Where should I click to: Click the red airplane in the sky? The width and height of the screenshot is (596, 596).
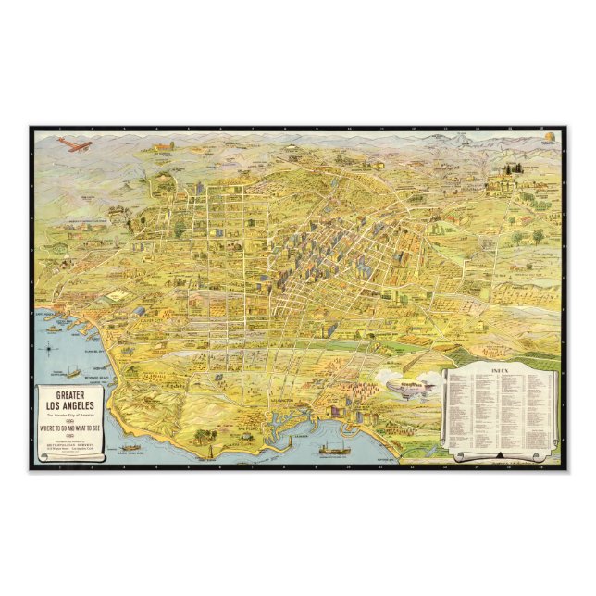(x=73, y=143)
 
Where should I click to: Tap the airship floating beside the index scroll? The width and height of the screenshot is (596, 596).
(x=411, y=386)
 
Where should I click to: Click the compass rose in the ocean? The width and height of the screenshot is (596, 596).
(x=49, y=350)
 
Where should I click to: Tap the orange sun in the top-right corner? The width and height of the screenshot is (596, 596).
(x=552, y=138)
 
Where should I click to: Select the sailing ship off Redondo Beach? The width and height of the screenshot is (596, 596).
(x=71, y=372)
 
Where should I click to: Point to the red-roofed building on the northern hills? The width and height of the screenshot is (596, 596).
(x=164, y=146)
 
